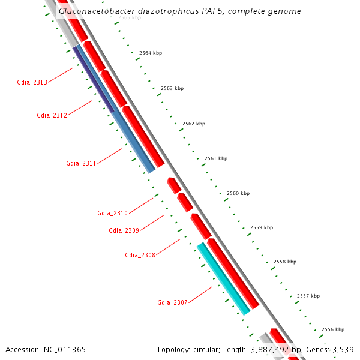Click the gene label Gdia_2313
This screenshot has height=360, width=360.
(x=32, y=82)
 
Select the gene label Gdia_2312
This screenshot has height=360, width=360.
(x=52, y=115)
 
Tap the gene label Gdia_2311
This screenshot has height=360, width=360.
(x=81, y=163)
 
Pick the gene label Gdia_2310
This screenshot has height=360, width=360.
(x=112, y=213)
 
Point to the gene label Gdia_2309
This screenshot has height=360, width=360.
(x=124, y=230)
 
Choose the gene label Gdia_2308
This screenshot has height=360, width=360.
(x=140, y=255)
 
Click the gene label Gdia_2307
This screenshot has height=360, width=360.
(x=172, y=302)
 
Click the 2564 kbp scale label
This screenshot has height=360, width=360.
(x=151, y=53)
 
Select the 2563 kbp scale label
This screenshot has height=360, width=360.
(x=172, y=88)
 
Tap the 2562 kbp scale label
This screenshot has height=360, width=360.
(x=194, y=124)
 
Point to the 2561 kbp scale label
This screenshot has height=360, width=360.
(x=216, y=158)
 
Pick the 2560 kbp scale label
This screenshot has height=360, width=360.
(x=238, y=193)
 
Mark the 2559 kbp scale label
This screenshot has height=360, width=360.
(x=262, y=227)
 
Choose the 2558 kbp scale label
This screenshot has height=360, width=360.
(x=285, y=262)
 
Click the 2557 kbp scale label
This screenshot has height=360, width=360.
(x=308, y=296)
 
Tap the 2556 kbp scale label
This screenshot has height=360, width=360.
(x=333, y=329)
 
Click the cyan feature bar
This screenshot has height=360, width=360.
(x=223, y=278)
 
